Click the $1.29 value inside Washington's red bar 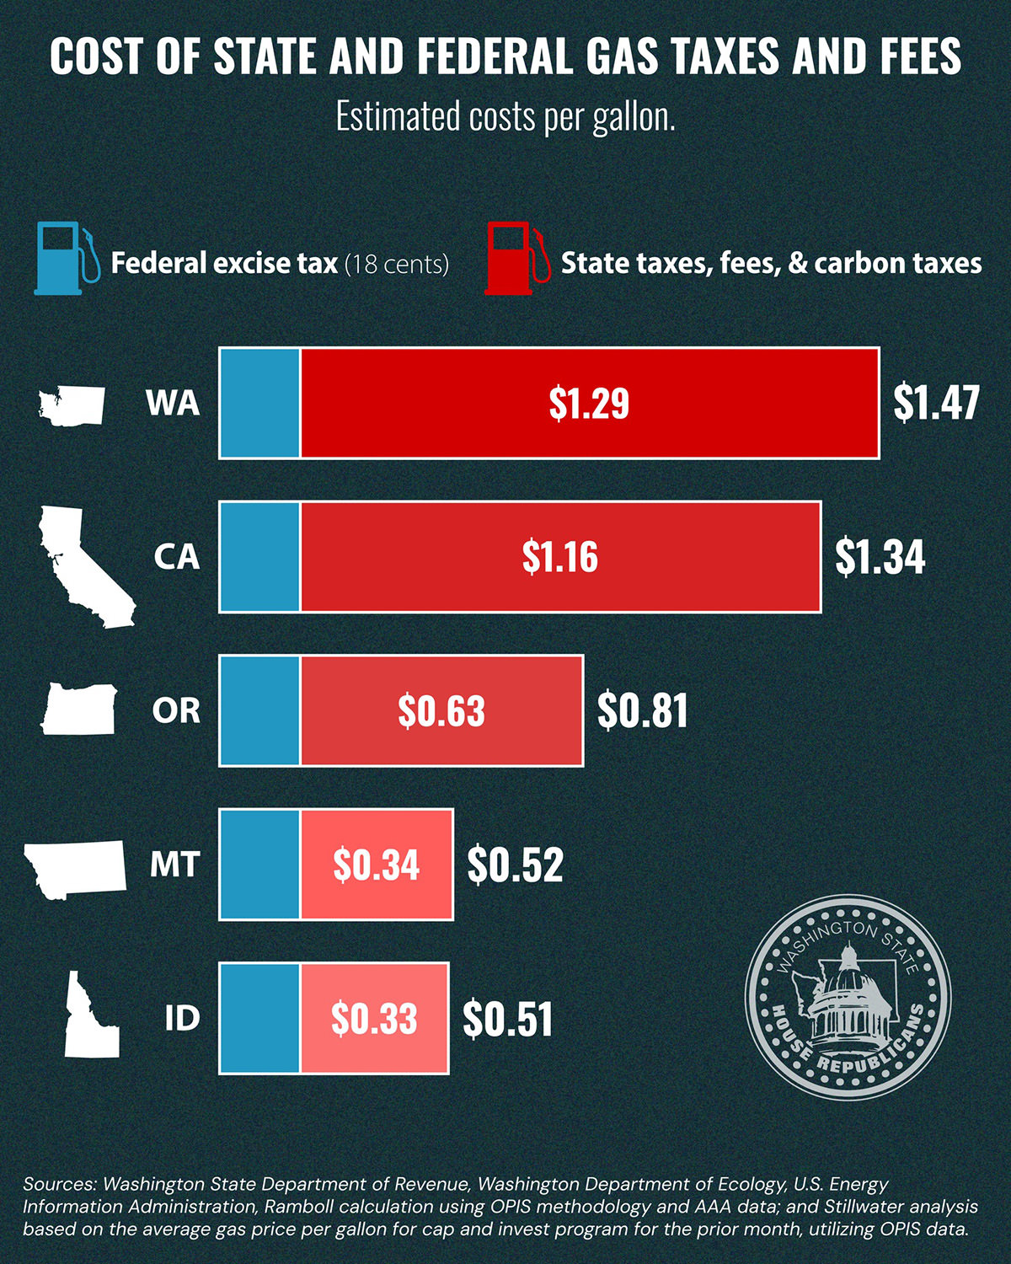pos(589,403)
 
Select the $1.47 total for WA pos(936,403)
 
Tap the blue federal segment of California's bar pos(260,556)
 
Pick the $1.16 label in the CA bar pos(560,557)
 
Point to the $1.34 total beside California pos(880,557)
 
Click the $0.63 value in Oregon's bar pos(441,710)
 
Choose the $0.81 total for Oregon pos(643,710)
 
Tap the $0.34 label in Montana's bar pos(376,865)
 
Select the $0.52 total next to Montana pos(515,865)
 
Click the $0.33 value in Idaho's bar pos(374,1018)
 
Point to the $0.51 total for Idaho pos(508,1019)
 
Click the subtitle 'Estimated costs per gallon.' pos(505,116)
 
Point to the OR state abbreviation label pos(176,710)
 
